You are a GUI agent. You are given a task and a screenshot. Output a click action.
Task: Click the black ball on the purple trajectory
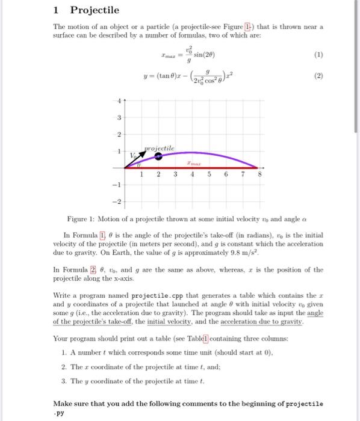158,155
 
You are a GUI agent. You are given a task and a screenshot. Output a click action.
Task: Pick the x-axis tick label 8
259,174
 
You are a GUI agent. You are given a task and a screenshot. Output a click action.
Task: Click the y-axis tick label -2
118,200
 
